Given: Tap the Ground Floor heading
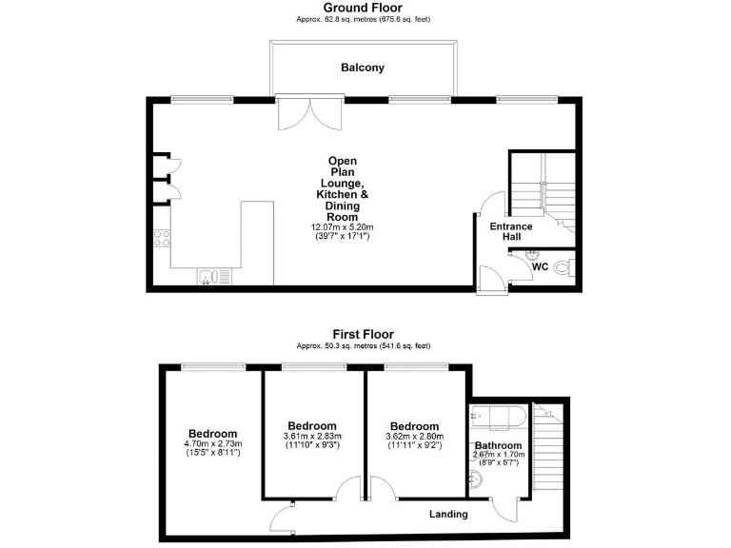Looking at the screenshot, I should click(363, 8).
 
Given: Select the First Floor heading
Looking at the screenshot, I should click(363, 334).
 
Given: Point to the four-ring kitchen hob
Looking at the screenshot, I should click(160, 240).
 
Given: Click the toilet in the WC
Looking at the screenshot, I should click(564, 269).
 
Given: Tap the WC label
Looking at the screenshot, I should click(540, 267).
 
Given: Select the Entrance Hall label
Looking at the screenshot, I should click(511, 231).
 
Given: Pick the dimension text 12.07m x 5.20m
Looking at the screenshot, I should click(342, 227).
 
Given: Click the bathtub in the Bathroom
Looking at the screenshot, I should click(496, 416).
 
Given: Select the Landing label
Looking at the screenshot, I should click(447, 514).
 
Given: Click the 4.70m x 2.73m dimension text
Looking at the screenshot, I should click(213, 443).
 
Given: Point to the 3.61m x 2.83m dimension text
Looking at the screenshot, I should click(313, 436).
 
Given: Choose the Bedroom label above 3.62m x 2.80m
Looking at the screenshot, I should click(415, 426).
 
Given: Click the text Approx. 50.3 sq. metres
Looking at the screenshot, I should click(330, 345).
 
